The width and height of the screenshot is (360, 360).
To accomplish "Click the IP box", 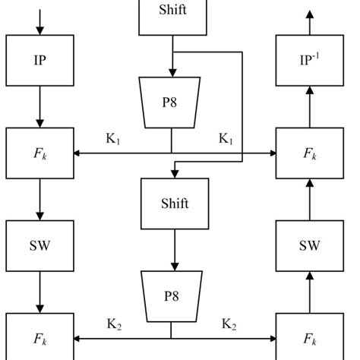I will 40,60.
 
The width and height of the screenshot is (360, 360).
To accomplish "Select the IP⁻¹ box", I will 310,60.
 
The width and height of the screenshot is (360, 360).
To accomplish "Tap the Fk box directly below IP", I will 40,153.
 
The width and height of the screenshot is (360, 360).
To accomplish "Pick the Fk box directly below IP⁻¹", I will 310,153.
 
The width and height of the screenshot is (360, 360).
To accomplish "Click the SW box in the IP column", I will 40,246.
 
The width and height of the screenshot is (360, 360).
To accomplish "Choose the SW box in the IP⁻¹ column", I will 310,246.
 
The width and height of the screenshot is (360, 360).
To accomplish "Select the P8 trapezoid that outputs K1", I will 171,103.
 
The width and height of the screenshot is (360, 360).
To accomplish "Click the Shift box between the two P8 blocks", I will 174,204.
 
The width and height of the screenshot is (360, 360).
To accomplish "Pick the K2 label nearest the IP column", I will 114,324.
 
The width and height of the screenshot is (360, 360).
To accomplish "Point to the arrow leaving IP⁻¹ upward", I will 310,21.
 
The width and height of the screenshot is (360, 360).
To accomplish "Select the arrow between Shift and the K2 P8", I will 174,250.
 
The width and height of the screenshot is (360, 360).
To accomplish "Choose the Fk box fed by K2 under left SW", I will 40,337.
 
